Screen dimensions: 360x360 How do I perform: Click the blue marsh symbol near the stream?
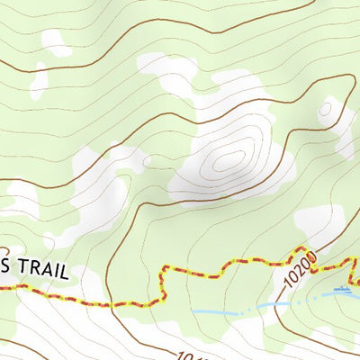point(343,290)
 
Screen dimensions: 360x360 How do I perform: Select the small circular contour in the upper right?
point(325,110)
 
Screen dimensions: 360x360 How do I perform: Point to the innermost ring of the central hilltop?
point(229,160)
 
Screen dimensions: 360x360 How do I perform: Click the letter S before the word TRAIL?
point(6,270)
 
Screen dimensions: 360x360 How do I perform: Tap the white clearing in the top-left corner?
point(56,41)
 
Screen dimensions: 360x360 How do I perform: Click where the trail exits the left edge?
point(2,287)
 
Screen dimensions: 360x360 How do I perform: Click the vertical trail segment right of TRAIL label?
point(166,283)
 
